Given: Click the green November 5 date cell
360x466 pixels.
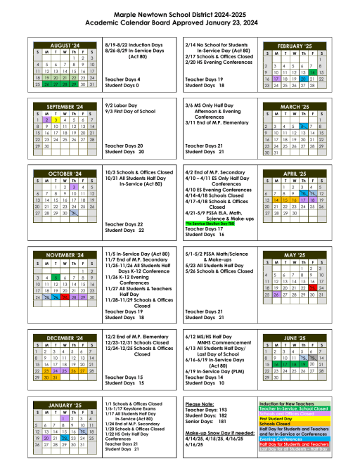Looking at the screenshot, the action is tap(54, 278).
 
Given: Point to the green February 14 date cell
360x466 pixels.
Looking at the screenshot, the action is tap(311, 72).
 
